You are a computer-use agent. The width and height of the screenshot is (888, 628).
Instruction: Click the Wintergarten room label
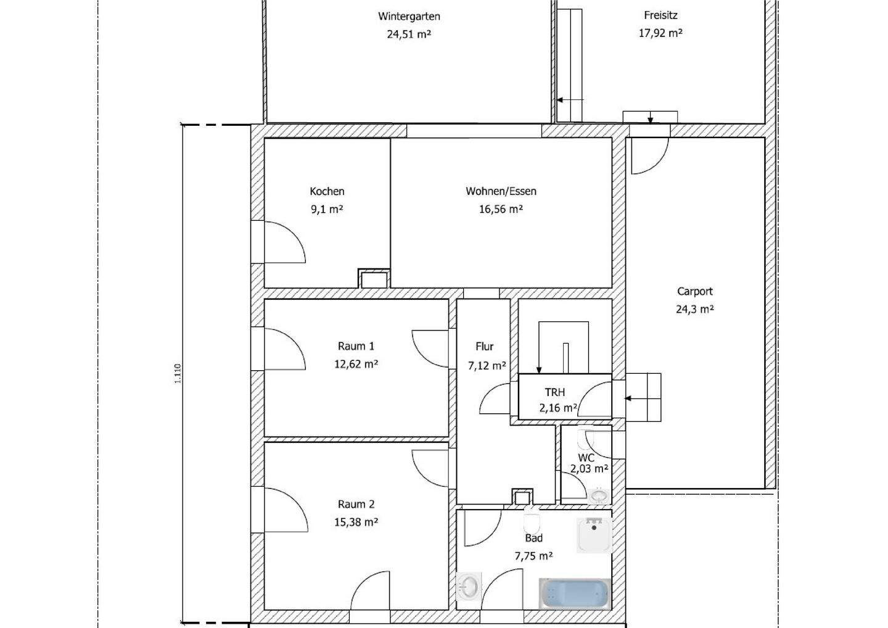pyautogui.click(x=409, y=17)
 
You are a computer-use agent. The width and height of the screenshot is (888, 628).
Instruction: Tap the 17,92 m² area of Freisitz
pyautogui.click(x=660, y=33)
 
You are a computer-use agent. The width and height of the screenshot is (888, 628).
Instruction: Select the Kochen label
pyautogui.click(x=327, y=191)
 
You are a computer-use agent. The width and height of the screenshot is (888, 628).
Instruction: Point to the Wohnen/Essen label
pyautogui.click(x=501, y=191)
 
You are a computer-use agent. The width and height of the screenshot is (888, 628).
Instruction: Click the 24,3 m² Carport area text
pyautogui.click(x=694, y=309)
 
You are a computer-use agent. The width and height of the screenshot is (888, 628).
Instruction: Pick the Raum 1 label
pyautogui.click(x=356, y=346)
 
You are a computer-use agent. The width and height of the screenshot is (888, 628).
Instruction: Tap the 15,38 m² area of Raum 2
pyautogui.click(x=356, y=522)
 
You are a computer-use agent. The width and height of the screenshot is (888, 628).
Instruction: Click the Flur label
pyautogui.click(x=485, y=347)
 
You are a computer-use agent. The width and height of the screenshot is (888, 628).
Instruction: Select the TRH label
pyautogui.click(x=554, y=392)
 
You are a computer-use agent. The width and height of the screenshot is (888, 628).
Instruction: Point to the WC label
pyautogui.click(x=586, y=458)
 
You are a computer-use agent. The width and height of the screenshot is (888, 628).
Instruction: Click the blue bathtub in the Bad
pyautogui.click(x=575, y=593)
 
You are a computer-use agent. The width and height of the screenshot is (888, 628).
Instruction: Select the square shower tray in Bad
pyautogui.click(x=594, y=535)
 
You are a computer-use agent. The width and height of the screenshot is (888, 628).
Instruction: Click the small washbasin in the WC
pyautogui.click(x=599, y=495)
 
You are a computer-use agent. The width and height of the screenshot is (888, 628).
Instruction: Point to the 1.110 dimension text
pyautogui.click(x=178, y=373)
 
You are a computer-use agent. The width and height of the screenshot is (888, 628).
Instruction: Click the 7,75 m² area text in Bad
pyautogui.click(x=533, y=556)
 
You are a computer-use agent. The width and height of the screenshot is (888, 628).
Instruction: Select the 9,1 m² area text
pyautogui.click(x=327, y=209)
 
